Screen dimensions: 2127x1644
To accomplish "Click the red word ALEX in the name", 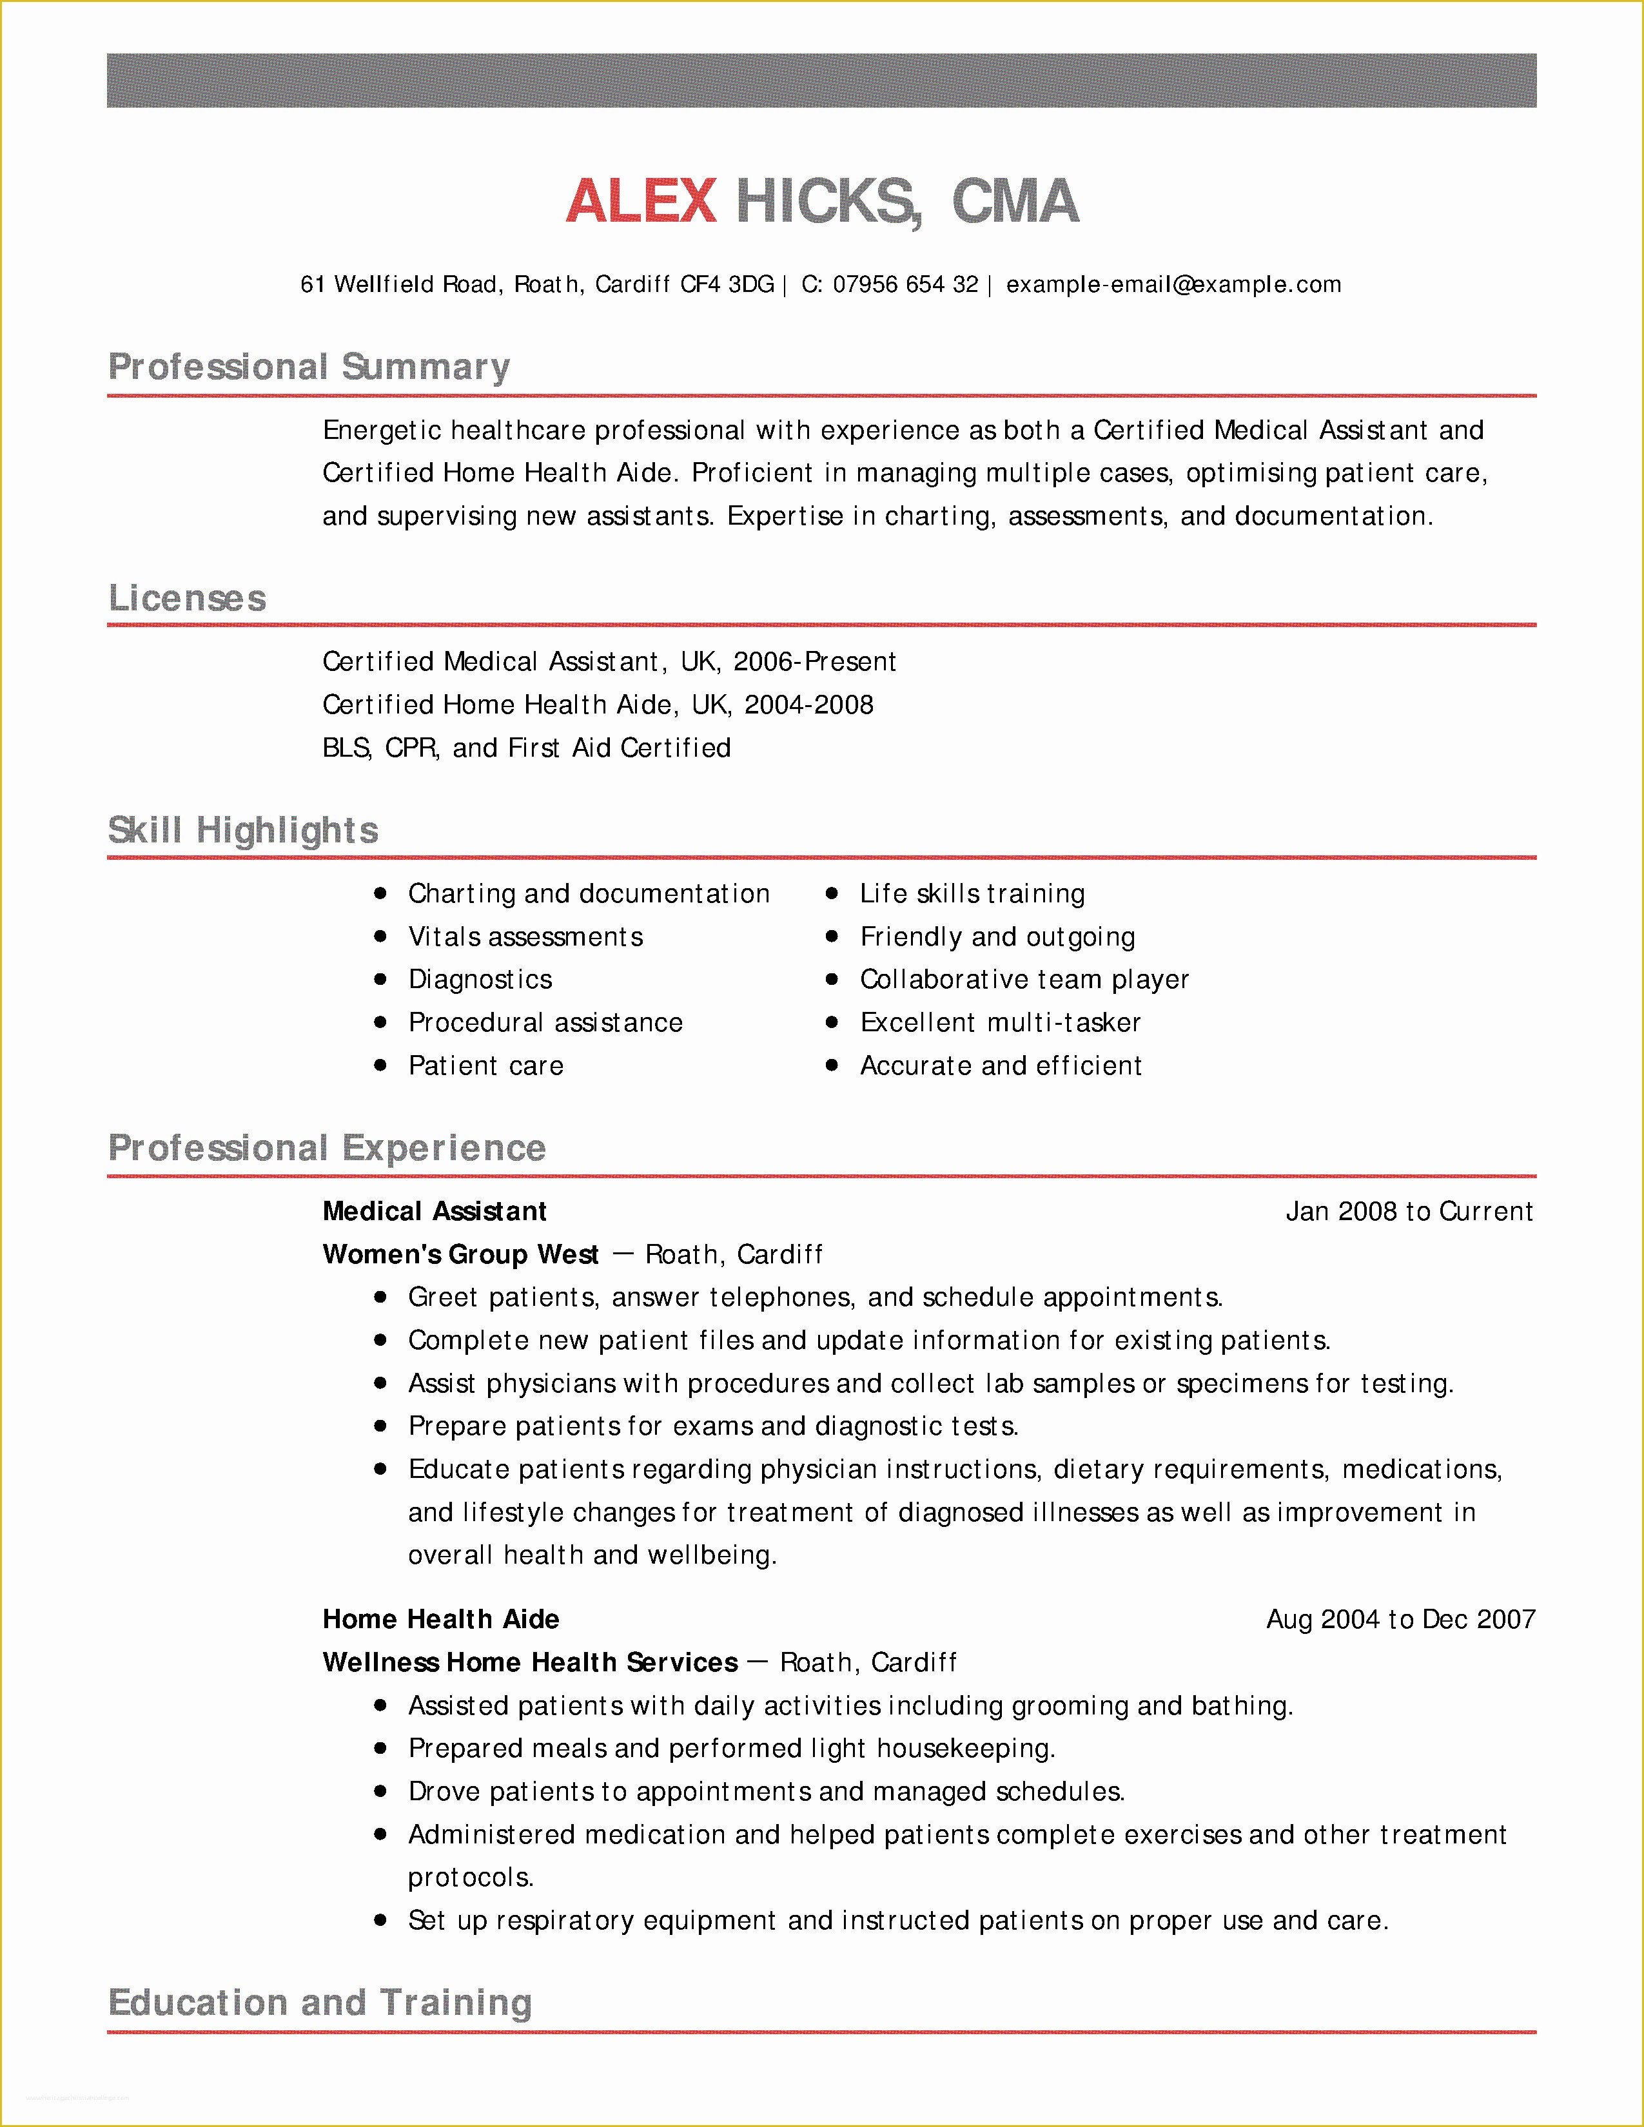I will (x=641, y=202).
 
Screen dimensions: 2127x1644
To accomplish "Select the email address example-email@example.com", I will (x=1173, y=284).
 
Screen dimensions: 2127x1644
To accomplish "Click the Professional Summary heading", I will (x=309, y=367).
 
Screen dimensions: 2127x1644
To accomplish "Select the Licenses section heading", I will (x=187, y=598).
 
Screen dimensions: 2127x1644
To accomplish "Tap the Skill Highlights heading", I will (x=242, y=830).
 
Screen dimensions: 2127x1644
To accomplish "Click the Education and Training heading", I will (x=319, y=2003).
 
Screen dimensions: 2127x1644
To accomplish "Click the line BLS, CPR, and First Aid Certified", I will (x=526, y=748).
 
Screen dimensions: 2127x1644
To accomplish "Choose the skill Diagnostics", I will (x=480, y=980).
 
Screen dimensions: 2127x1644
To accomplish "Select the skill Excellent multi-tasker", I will (x=1000, y=1023).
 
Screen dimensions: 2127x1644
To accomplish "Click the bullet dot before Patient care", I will (x=381, y=1065).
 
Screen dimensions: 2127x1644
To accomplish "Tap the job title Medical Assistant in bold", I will (x=435, y=1212).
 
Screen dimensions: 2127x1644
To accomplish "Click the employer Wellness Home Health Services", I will (x=530, y=1662).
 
